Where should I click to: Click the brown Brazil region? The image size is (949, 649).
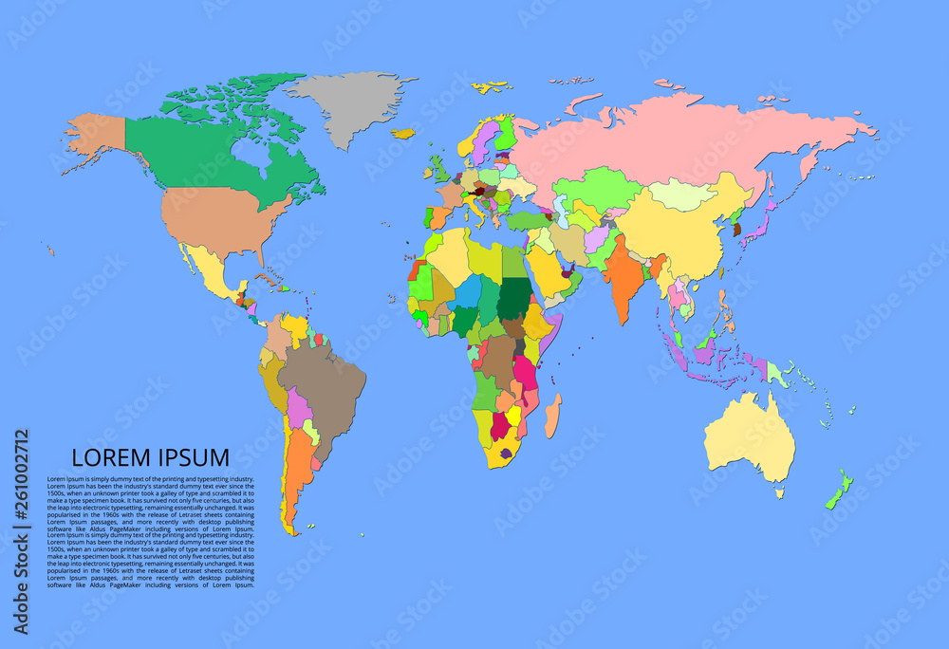tap(323, 380)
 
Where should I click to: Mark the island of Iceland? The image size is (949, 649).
tap(403, 134)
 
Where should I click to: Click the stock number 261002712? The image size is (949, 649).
tap(20, 531)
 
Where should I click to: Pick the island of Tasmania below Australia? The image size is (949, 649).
tap(780, 493)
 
